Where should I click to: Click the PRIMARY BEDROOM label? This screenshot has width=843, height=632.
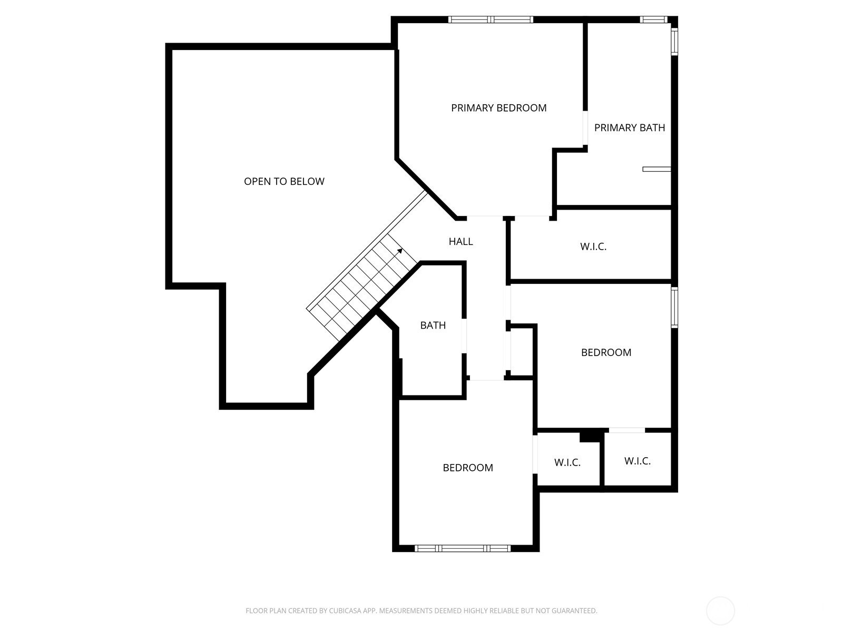tap(498, 108)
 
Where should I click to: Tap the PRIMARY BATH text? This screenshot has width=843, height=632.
tap(630, 128)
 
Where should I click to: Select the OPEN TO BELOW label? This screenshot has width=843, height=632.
tap(284, 182)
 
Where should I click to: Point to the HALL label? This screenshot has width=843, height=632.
tap(460, 241)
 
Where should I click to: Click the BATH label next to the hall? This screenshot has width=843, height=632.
tap(433, 325)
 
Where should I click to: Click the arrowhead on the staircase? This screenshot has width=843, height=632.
tap(400, 251)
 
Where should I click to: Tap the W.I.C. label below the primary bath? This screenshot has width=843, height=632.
tap(593, 246)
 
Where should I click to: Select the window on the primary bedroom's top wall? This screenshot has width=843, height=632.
tap(491, 19)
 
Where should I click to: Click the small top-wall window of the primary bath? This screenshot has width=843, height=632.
tap(654, 19)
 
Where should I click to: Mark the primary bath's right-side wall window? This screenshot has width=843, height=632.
tap(674, 41)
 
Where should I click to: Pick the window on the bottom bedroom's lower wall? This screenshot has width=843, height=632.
tap(463, 548)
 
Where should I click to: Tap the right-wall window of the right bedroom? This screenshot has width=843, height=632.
tap(674, 308)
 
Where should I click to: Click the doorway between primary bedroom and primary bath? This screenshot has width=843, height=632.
tap(585, 128)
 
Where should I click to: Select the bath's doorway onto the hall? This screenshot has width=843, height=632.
tap(464, 336)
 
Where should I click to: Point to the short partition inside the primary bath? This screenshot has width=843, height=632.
tap(656, 169)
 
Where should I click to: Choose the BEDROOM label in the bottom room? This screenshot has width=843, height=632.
tap(468, 468)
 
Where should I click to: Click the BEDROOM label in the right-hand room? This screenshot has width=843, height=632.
tap(606, 353)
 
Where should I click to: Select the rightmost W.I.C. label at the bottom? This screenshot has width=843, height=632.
tap(638, 461)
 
